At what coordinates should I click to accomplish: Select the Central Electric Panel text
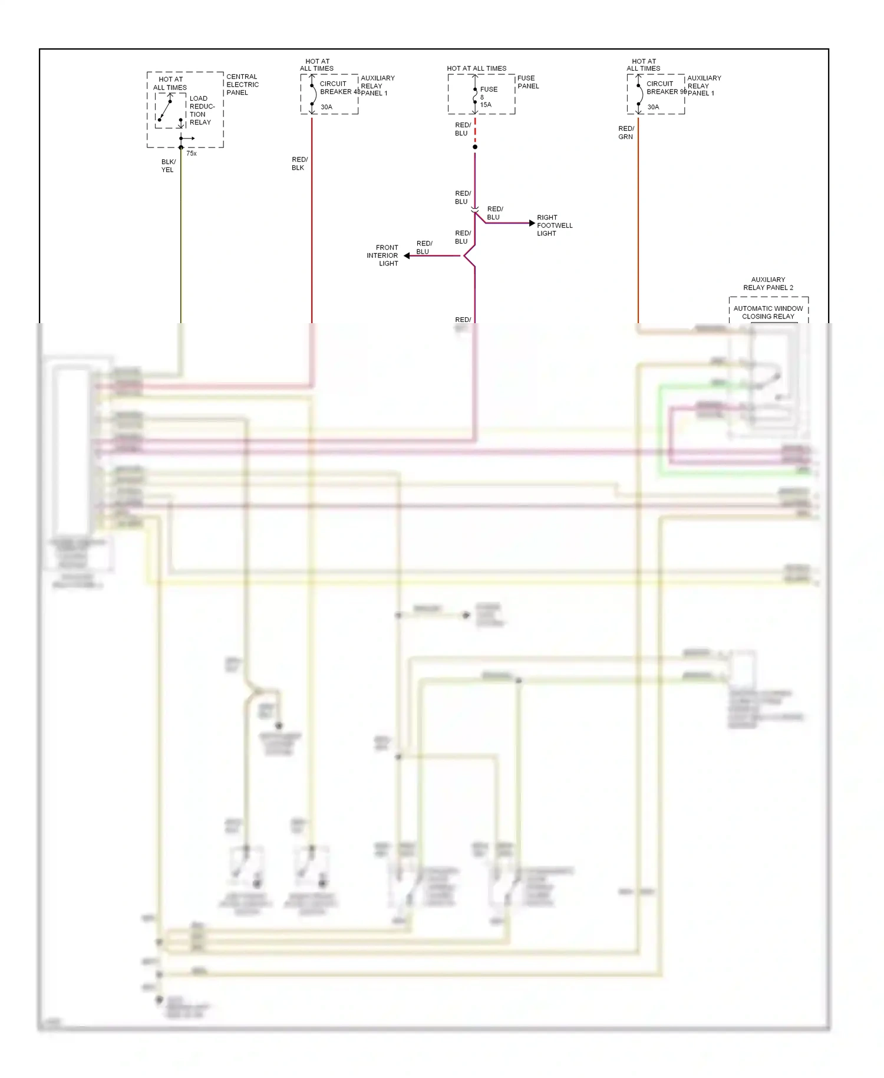(242, 84)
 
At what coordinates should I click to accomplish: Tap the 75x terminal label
(192, 153)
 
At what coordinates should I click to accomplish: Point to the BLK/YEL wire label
(168, 166)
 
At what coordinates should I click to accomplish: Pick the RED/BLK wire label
(299, 163)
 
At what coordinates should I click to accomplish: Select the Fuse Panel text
(527, 82)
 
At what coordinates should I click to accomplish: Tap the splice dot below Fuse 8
(475, 147)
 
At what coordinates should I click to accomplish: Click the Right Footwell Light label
(554, 225)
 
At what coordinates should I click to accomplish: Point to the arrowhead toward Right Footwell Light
(532, 224)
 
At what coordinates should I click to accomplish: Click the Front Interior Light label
(383, 255)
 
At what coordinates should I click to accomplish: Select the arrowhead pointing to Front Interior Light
(407, 256)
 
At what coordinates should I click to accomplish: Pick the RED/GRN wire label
(626, 133)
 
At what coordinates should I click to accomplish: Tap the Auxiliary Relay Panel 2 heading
(768, 284)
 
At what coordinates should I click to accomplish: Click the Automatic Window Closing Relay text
(768, 313)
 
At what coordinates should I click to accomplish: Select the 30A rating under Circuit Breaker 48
(326, 107)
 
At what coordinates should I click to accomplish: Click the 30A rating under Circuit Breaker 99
(653, 107)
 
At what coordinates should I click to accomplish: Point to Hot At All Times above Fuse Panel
(476, 68)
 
